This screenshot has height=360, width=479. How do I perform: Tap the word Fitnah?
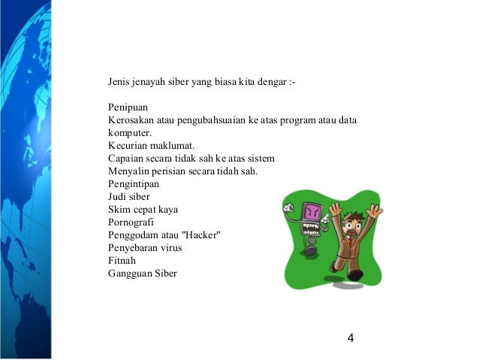(x=122, y=260)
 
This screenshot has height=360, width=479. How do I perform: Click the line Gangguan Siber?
(x=143, y=273)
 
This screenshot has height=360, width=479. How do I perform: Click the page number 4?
(x=351, y=337)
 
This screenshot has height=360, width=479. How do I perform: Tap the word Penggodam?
(x=135, y=234)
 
